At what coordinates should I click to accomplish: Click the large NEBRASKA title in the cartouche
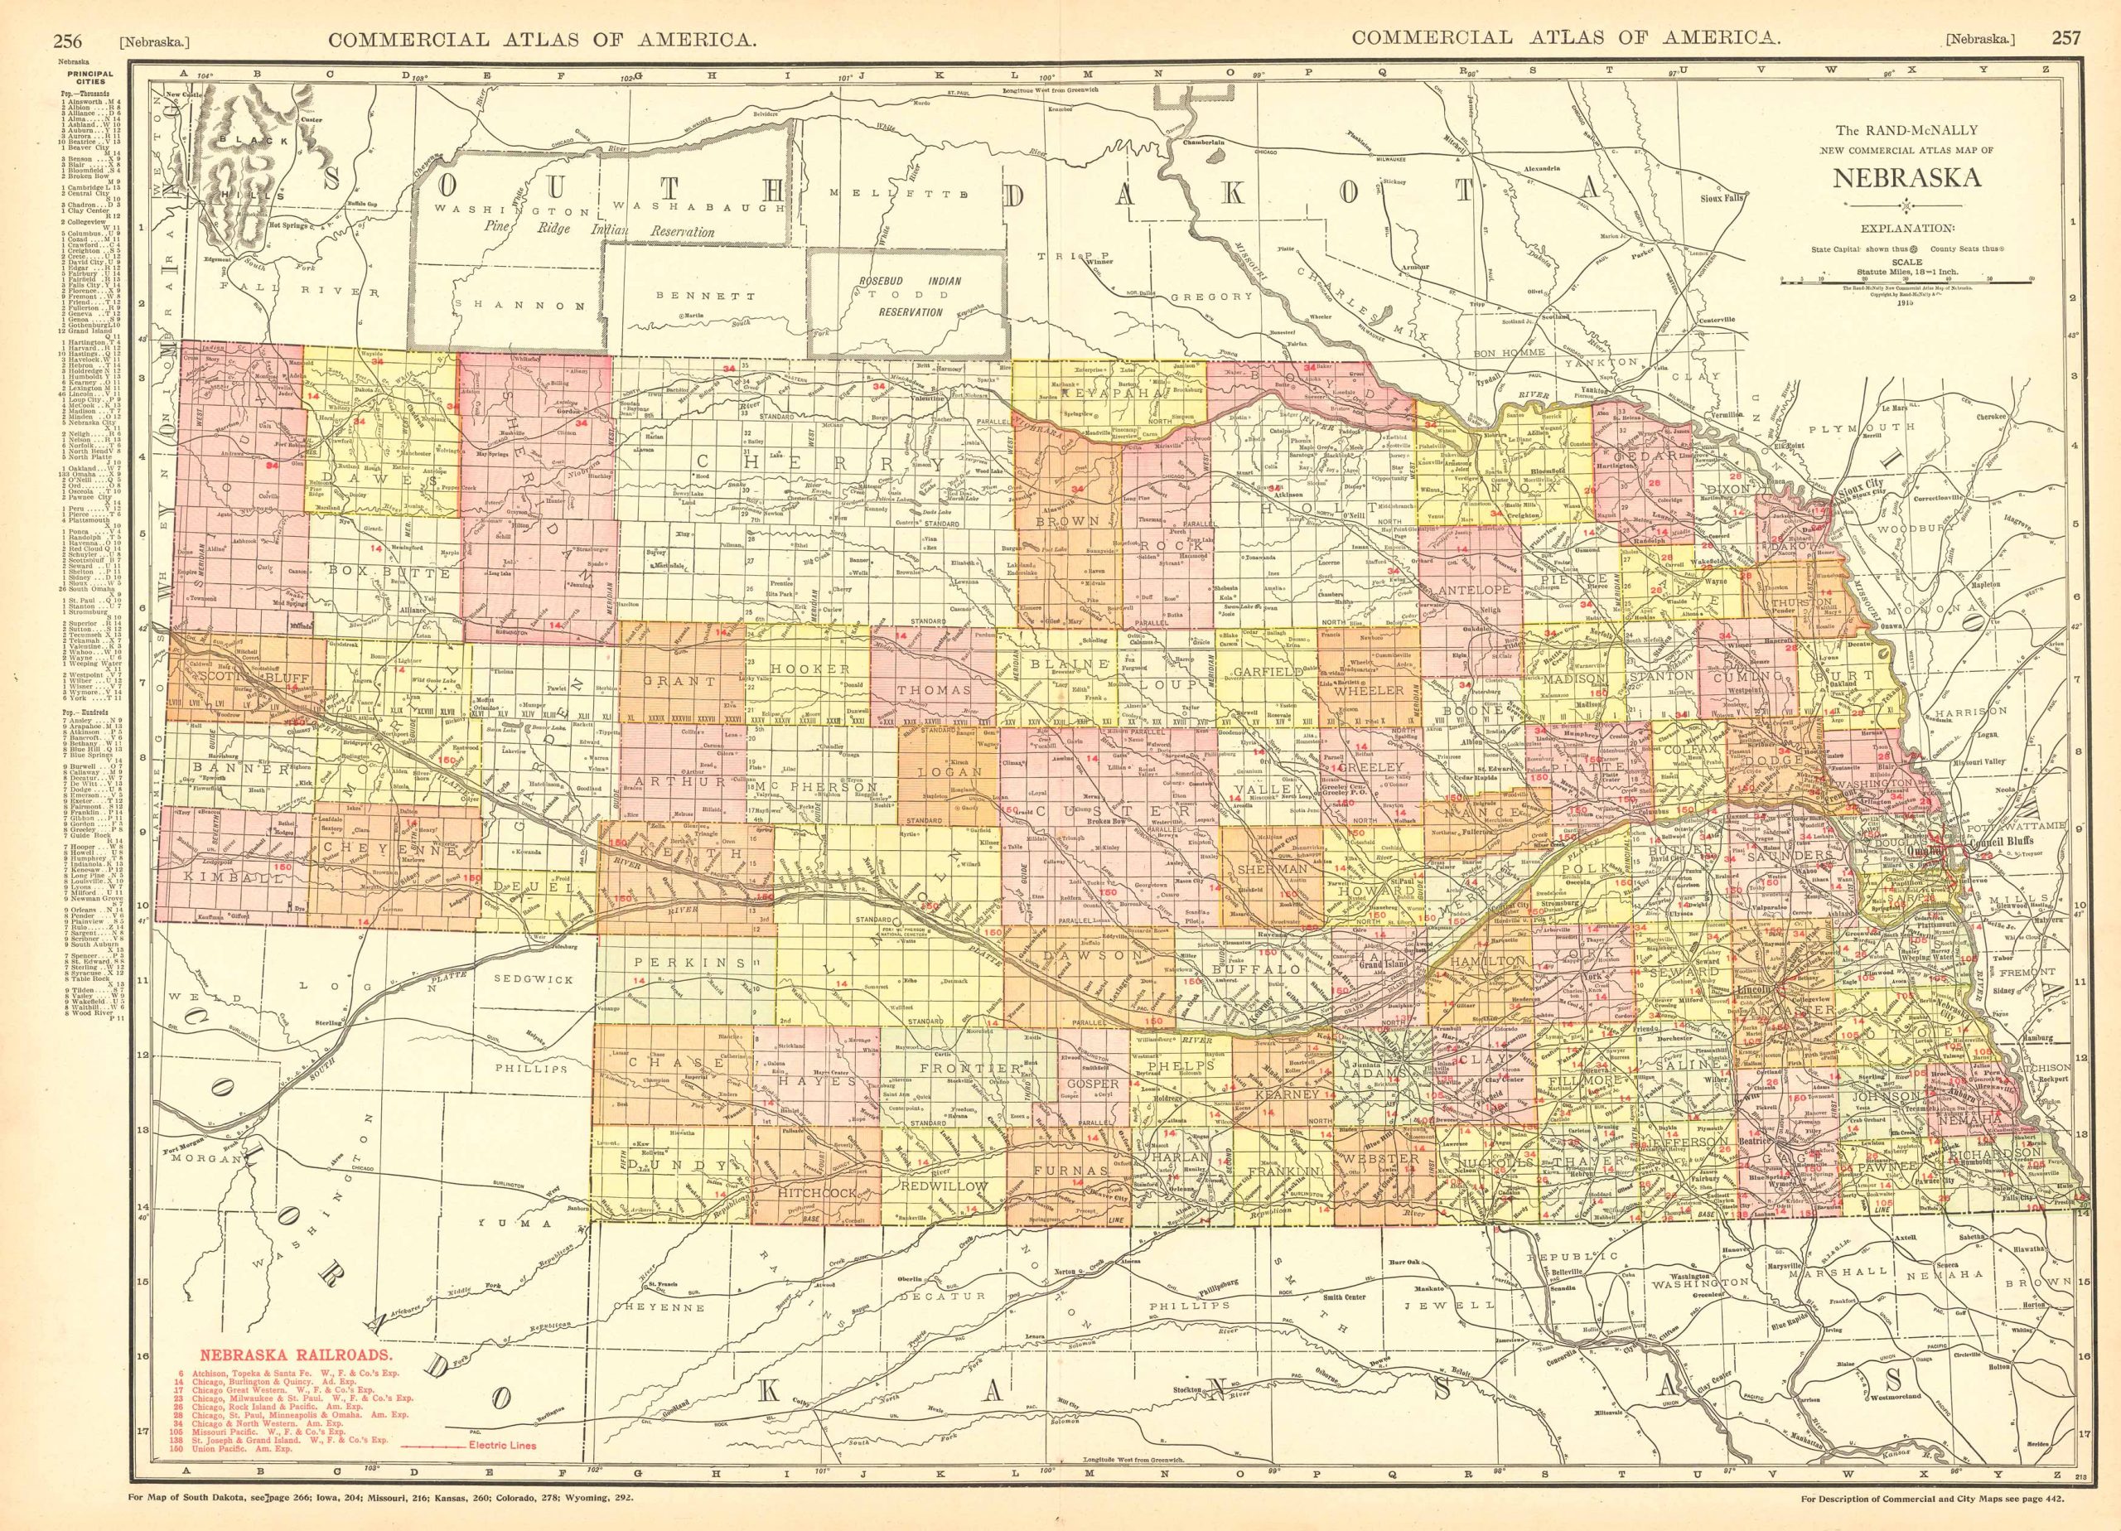[x=1906, y=176]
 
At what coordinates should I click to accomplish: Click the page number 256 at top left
[x=67, y=13]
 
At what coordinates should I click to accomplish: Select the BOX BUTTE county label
[x=385, y=567]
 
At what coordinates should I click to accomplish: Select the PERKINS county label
[x=683, y=963]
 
